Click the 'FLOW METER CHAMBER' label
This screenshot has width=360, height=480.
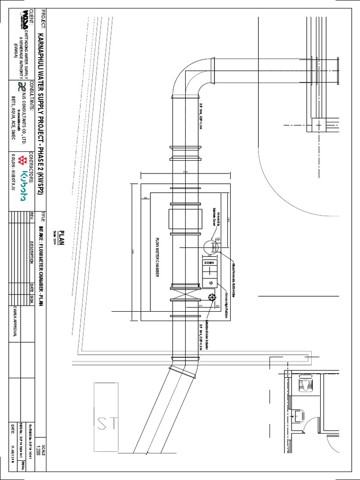coord(158,257)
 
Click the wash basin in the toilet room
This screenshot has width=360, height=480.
coord(298,415)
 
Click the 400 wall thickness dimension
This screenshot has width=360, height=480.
coord(145,198)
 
